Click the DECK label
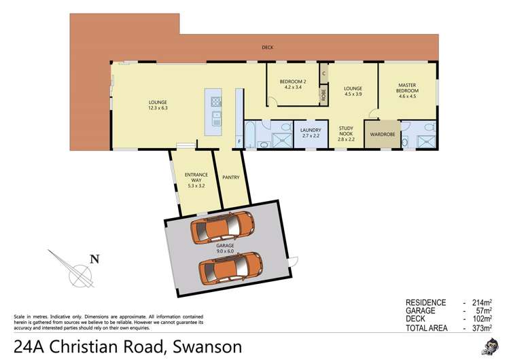click(x=268, y=48)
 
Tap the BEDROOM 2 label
click(x=293, y=82)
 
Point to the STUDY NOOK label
click(x=347, y=130)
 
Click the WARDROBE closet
click(x=383, y=134)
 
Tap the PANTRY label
click(x=231, y=177)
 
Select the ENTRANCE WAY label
click(x=196, y=177)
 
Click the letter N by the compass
click(x=95, y=258)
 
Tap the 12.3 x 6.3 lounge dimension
click(x=158, y=107)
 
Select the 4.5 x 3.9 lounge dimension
click(x=352, y=94)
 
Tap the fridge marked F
click(x=239, y=141)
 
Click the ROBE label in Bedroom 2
click(x=323, y=96)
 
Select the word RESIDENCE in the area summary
click(x=426, y=302)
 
